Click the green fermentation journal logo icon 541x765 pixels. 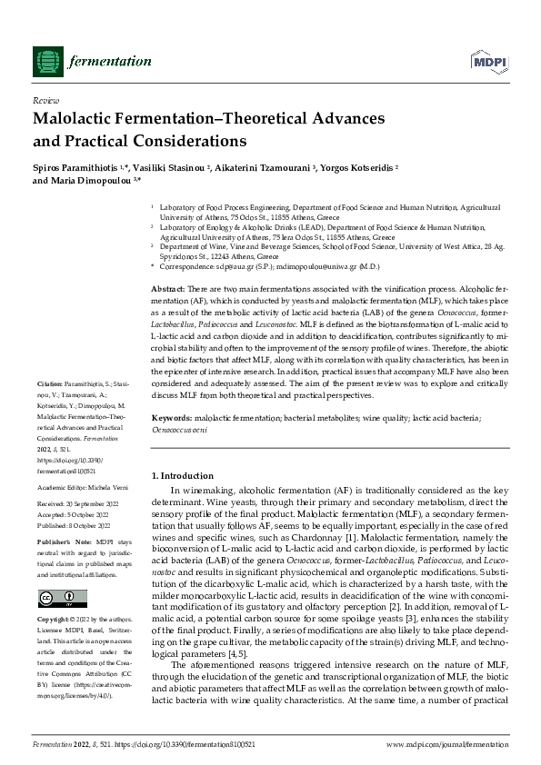click(x=46, y=61)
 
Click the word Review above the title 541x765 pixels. click(x=45, y=102)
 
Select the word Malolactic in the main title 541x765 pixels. click(x=75, y=119)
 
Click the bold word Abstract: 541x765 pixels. click(x=167, y=287)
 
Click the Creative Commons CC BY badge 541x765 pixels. click(x=55, y=597)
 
